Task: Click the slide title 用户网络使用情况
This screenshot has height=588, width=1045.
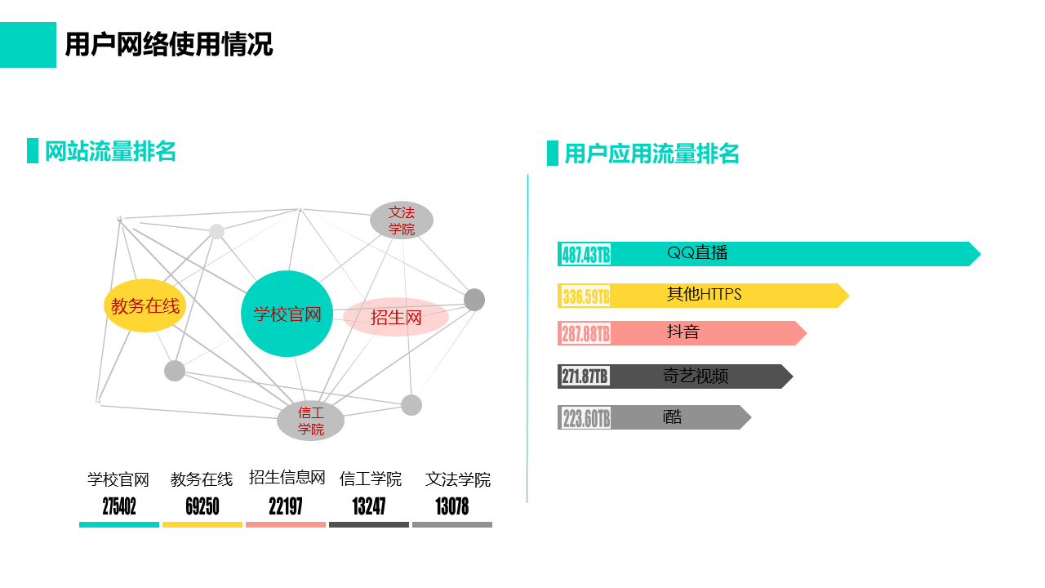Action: pyautogui.click(x=169, y=45)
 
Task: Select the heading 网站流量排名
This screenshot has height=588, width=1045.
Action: pyautogui.click(x=110, y=151)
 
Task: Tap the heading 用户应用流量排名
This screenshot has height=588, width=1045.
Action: pyautogui.click(x=651, y=154)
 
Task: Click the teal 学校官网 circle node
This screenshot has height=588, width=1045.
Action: pyautogui.click(x=287, y=314)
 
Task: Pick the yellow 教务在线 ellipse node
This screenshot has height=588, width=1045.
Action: pyautogui.click(x=145, y=305)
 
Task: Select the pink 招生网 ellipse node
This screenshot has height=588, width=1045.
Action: pyautogui.click(x=396, y=318)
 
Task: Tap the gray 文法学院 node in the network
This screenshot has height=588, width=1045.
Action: pyautogui.click(x=402, y=220)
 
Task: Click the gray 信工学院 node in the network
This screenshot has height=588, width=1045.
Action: pyautogui.click(x=311, y=421)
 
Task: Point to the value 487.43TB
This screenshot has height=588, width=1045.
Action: pyautogui.click(x=585, y=255)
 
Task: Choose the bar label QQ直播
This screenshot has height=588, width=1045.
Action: pyautogui.click(x=697, y=253)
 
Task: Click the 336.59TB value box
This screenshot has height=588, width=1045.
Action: pyautogui.click(x=585, y=296)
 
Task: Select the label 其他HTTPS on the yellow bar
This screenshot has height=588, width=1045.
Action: pyautogui.click(x=704, y=294)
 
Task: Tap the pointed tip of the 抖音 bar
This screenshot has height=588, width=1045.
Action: pyautogui.click(x=807, y=333)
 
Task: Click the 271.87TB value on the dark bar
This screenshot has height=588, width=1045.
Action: pyautogui.click(x=585, y=376)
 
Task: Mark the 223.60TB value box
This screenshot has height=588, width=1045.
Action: pyautogui.click(x=585, y=417)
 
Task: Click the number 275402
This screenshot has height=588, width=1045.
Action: pyautogui.click(x=119, y=506)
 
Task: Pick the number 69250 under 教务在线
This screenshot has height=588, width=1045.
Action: pyautogui.click(x=202, y=506)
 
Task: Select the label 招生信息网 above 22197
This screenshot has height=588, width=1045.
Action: pyautogui.click(x=287, y=478)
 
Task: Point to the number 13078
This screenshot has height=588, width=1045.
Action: pyautogui.click(x=452, y=506)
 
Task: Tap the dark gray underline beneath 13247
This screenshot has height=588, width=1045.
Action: pyautogui.click(x=369, y=525)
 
